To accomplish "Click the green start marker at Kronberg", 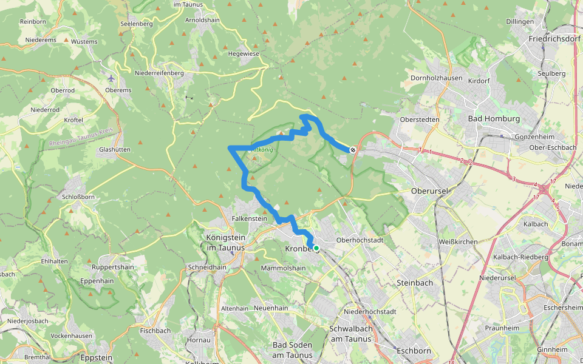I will click(316, 248).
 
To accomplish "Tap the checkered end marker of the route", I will click(353, 149).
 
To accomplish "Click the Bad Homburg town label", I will click(494, 119).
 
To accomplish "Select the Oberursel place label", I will click(429, 191).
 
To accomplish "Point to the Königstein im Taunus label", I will click(225, 243).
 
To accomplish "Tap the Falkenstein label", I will click(250, 218).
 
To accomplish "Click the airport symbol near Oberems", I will click(111, 78).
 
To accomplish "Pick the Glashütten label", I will click(114, 149).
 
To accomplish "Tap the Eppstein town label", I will click(96, 358).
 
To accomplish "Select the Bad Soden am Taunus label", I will click(292, 350).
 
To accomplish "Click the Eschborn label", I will click(414, 351).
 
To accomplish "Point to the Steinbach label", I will click(414, 283).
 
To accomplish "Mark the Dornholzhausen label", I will click(437, 78).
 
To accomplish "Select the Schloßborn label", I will click(78, 197).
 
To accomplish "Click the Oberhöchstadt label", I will click(360, 240).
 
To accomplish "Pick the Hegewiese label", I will click(244, 53).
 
